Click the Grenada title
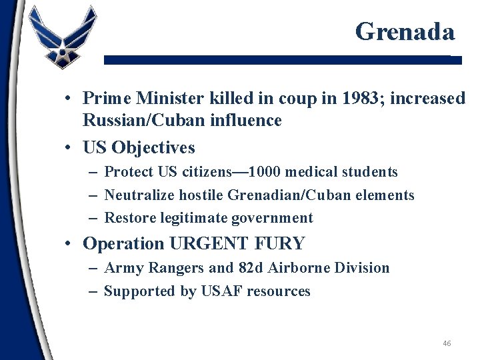pyautogui.click(x=405, y=31)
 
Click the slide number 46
pyautogui.click(x=447, y=343)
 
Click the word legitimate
pyautogui.click(x=209, y=218)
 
